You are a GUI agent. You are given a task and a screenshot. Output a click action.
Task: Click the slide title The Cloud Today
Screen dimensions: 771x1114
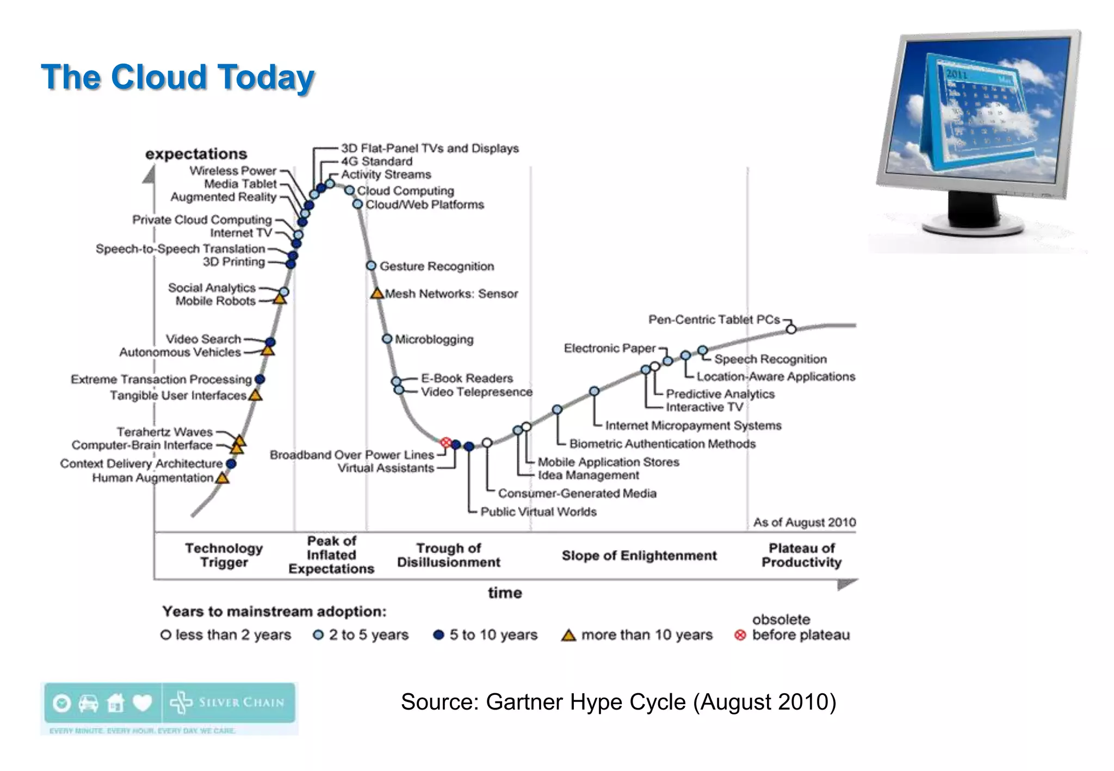[x=177, y=77]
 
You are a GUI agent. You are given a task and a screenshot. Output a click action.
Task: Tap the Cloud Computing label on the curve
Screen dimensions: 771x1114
[x=405, y=191]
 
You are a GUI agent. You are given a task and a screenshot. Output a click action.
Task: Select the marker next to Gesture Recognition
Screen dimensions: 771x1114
[x=371, y=266]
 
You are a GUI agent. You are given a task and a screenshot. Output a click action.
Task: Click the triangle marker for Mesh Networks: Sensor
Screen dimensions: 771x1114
[x=377, y=294]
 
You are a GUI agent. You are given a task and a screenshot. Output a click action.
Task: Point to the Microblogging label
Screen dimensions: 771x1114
[x=434, y=339]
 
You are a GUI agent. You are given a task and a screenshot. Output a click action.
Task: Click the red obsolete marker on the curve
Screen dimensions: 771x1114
[x=445, y=443]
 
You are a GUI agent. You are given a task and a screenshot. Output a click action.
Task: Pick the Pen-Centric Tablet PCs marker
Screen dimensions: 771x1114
[x=791, y=329]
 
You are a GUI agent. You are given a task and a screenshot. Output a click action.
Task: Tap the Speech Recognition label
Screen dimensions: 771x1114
[x=770, y=359]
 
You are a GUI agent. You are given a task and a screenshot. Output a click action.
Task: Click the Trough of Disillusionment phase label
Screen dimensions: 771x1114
[x=448, y=555]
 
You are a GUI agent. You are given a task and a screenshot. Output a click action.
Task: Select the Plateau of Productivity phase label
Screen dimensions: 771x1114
[x=801, y=555]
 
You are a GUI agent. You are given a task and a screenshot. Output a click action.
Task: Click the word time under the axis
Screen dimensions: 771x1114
[x=504, y=593]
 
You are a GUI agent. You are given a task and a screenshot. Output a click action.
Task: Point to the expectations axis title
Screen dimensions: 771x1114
[x=196, y=154]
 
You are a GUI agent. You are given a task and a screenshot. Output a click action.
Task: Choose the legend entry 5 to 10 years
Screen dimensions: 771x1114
[x=485, y=635]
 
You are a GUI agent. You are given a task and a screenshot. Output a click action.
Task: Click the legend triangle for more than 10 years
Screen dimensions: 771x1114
[x=568, y=635]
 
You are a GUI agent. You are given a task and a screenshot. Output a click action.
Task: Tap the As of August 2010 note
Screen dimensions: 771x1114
[x=804, y=523]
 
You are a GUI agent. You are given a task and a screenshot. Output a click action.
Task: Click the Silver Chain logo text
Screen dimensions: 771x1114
[x=241, y=702]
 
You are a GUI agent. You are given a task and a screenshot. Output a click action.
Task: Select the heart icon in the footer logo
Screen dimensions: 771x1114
[x=143, y=703]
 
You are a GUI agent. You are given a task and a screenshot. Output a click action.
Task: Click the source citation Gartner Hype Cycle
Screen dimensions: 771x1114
[x=618, y=702]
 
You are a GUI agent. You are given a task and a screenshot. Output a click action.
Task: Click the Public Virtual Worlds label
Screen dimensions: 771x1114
[x=538, y=512]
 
